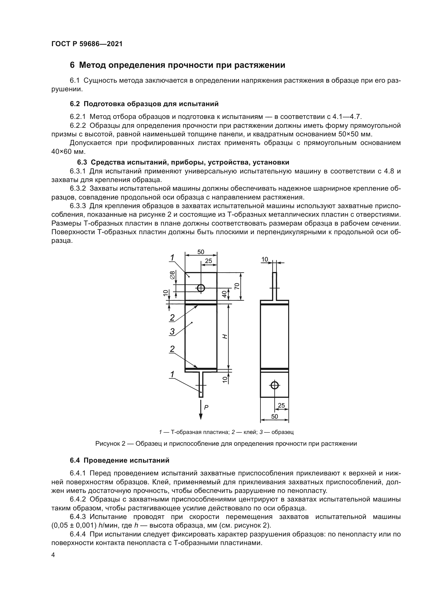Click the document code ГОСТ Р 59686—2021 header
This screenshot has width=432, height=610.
87,44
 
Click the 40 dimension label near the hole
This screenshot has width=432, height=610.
225,294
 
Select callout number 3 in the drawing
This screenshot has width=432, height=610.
172,331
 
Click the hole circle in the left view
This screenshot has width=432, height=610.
201,288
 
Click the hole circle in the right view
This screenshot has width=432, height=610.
275,385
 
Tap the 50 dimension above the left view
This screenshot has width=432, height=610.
201,252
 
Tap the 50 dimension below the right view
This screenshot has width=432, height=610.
275,416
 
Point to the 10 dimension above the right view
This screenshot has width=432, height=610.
265,259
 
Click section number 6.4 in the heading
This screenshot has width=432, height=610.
75,460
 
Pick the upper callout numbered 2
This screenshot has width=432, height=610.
172,317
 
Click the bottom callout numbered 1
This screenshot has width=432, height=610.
172,374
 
